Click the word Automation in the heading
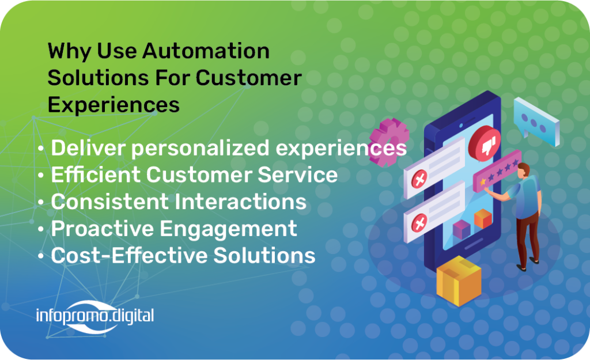[206, 51]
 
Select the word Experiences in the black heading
[114, 105]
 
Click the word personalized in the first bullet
[200, 148]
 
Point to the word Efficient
[96, 175]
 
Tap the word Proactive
[103, 228]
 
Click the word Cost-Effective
[129, 255]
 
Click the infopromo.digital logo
[95, 316]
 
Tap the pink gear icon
[388, 142]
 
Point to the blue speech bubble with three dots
[536, 121]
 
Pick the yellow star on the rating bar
[483, 181]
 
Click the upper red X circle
[419, 179]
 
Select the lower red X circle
[419, 223]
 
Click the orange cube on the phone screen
[483, 219]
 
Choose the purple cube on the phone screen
[462, 229]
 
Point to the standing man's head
[524, 170]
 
